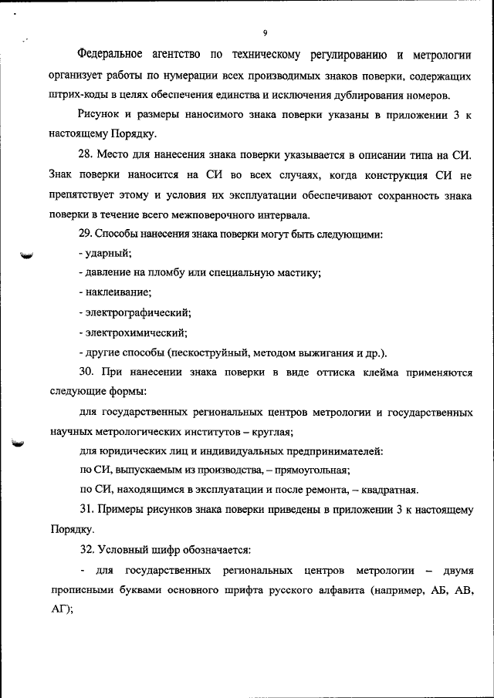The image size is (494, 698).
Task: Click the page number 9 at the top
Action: click(264, 33)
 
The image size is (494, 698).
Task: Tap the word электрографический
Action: click(138, 313)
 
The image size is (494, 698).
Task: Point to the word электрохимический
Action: click(137, 333)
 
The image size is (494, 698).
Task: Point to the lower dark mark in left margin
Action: click(19, 443)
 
